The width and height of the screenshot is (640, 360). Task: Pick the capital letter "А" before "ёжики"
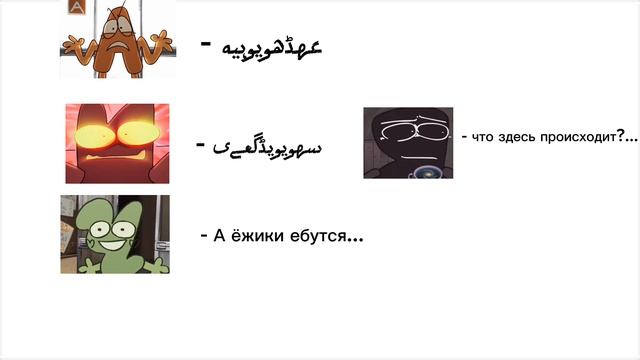point(219,236)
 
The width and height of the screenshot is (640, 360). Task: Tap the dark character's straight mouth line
point(404,151)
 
